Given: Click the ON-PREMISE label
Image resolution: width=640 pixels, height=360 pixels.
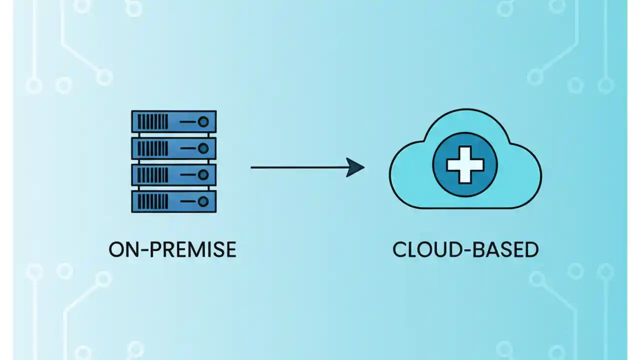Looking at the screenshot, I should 172,249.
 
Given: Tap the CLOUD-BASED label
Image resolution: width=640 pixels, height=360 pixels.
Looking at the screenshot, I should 465,249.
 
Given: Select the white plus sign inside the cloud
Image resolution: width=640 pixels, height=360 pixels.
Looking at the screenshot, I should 465,164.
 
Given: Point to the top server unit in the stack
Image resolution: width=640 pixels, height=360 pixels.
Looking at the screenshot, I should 173,121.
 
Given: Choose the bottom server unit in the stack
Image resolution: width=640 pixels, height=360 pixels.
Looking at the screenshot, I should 173,201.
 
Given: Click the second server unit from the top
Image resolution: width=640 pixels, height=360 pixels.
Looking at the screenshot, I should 173,148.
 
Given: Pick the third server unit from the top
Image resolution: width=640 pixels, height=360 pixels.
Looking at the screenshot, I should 173,174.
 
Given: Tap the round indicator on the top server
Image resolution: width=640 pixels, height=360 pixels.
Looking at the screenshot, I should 203,121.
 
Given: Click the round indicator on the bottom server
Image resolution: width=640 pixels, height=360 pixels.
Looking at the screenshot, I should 203,201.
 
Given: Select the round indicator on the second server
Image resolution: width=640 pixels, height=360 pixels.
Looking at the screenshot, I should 203,148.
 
